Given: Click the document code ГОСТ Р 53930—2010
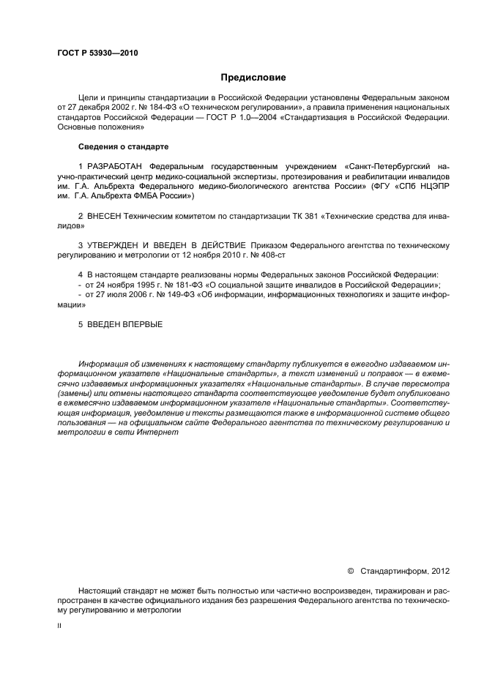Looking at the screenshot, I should coord(97,53).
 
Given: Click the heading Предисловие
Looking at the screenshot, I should coord(253,77).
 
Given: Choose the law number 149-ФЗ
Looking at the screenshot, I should coord(168,293).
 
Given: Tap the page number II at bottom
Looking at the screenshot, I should coord(59,626).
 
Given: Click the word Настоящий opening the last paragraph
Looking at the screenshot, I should coord(100,590).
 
